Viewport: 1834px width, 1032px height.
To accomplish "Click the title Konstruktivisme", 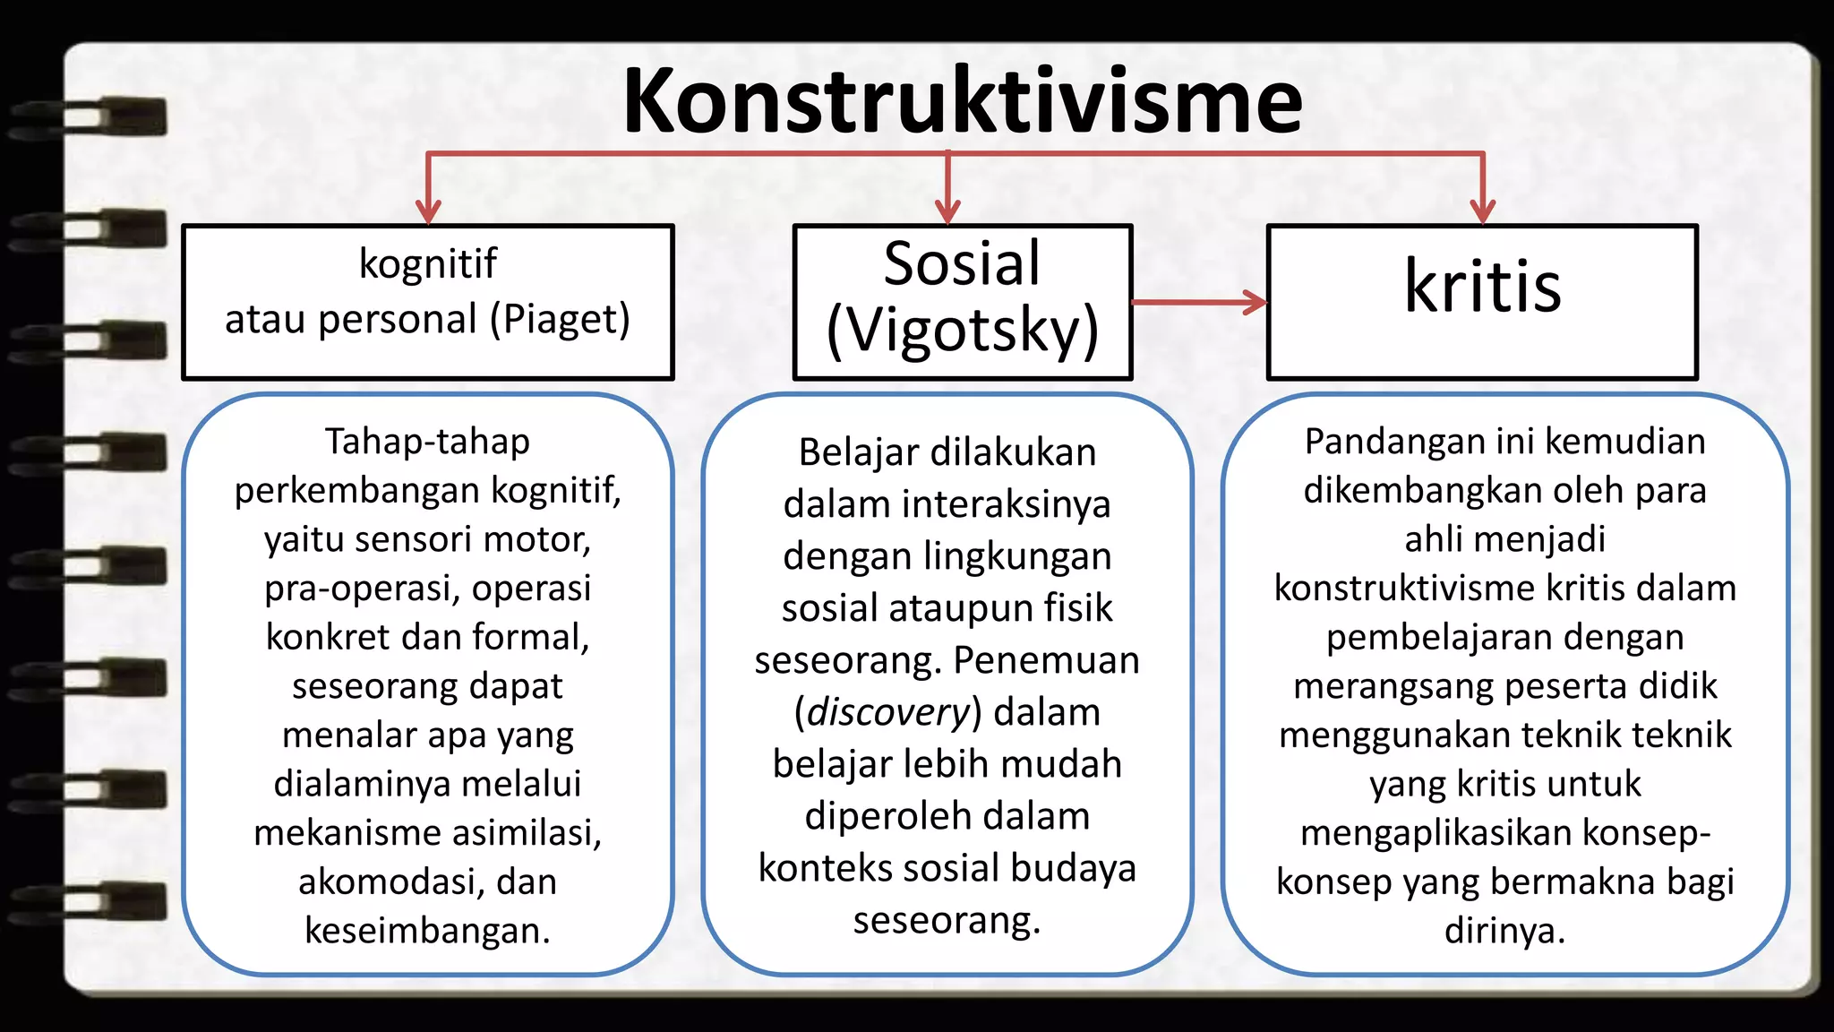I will tap(963, 101).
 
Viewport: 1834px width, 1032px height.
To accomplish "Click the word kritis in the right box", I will tap(1482, 287).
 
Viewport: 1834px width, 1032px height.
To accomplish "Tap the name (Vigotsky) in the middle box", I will tap(963, 331).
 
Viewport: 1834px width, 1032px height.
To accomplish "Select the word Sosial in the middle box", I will tap(962, 263).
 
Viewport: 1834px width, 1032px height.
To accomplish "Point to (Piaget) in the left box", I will tap(560, 320).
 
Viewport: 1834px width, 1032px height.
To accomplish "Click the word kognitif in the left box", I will tap(427, 263).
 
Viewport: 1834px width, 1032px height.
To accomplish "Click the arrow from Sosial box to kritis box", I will tap(1200, 302).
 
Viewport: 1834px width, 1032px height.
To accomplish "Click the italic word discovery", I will tap(887, 712).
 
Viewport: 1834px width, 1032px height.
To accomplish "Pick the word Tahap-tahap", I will tap(427, 442).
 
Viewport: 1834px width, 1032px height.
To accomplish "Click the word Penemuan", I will tap(1046, 660).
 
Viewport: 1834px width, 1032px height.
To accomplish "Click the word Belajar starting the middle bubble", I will tap(846, 452).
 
